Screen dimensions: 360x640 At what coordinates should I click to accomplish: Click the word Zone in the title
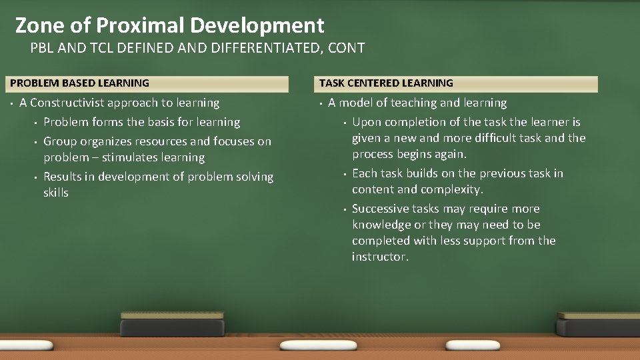point(39,25)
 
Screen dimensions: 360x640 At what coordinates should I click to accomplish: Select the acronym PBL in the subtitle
point(43,48)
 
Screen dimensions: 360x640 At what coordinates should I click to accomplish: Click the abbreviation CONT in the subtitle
point(349,48)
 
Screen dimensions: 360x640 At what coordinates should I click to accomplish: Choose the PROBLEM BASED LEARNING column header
point(80,83)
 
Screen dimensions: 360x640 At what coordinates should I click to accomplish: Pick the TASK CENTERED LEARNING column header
point(386,83)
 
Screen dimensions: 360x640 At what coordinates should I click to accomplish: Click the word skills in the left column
point(56,193)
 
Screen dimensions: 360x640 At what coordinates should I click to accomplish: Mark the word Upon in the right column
point(366,122)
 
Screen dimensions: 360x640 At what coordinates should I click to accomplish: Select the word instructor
point(380,257)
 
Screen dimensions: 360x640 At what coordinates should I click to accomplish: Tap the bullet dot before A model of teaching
point(321,103)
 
